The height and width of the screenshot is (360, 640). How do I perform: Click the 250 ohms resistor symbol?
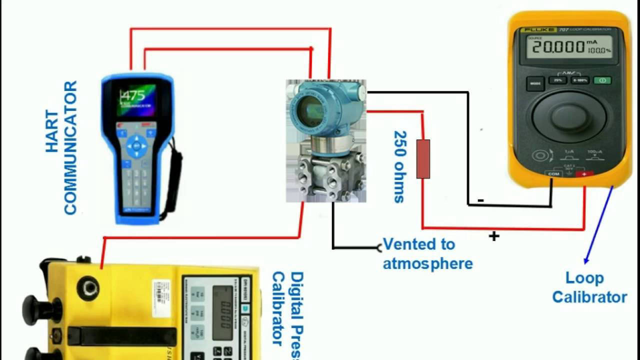423,159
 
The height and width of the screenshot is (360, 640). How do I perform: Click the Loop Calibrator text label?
588,287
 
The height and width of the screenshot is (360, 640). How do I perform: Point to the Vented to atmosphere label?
427,254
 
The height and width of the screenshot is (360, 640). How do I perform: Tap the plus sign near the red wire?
494,236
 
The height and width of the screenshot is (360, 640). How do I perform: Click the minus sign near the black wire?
480,200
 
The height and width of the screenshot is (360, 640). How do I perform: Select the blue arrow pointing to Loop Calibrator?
598,225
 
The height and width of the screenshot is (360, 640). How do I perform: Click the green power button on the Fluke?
602,80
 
